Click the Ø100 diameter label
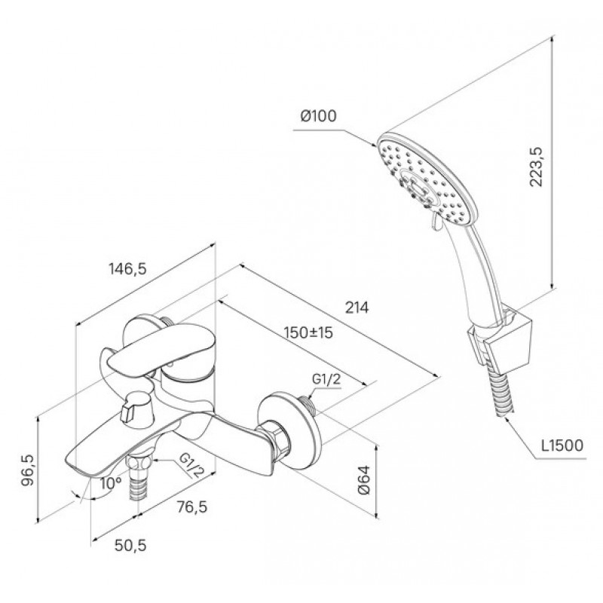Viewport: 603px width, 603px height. pyautogui.click(x=318, y=116)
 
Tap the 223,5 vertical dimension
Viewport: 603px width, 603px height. pyautogui.click(x=535, y=167)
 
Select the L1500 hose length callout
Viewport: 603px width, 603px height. pyautogui.click(x=562, y=445)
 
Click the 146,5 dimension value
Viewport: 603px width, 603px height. pyautogui.click(x=127, y=269)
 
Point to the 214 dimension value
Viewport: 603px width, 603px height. pyautogui.click(x=357, y=308)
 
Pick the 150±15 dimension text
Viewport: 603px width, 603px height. pyautogui.click(x=308, y=332)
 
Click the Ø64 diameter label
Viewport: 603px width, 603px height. pyautogui.click(x=364, y=479)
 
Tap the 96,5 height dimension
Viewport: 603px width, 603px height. pyautogui.click(x=28, y=470)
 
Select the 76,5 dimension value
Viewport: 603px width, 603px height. pyautogui.click(x=192, y=507)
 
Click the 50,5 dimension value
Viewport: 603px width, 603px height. pyautogui.click(x=130, y=545)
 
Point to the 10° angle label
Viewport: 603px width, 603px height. pyautogui.click(x=110, y=483)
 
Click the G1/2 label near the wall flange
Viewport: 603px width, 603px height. pyautogui.click(x=326, y=380)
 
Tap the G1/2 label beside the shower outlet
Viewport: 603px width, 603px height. pyautogui.click(x=191, y=464)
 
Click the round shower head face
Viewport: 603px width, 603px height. pyautogui.click(x=427, y=177)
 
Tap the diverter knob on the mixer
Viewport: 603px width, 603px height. pyautogui.click(x=137, y=410)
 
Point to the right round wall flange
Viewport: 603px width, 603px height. pyautogui.click(x=289, y=430)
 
